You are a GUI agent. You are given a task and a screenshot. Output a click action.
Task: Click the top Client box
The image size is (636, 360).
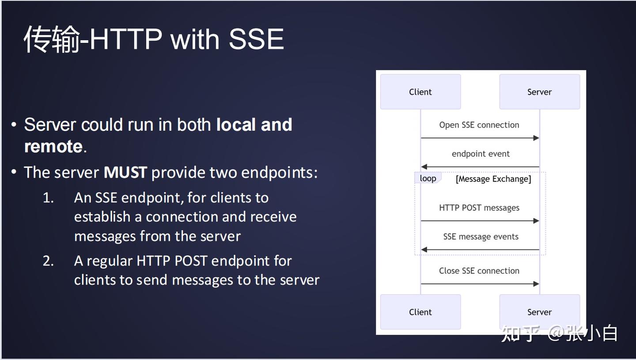[x=420, y=92]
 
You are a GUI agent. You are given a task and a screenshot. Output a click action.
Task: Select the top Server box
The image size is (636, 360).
[x=539, y=92]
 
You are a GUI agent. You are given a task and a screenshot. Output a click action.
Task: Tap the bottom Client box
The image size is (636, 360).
[x=420, y=312]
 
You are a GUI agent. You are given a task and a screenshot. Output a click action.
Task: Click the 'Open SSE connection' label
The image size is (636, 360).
[x=479, y=125]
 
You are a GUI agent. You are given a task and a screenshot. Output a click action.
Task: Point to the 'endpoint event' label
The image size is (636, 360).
[x=481, y=154]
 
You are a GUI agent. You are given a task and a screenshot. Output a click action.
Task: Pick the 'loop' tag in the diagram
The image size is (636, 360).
[x=428, y=178]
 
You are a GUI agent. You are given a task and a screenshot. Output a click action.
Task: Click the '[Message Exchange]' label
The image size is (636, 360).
[x=493, y=179]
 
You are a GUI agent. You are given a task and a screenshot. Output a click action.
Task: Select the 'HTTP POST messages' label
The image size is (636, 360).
[x=479, y=208]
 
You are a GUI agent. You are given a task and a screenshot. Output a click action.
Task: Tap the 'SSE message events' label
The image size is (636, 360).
[x=481, y=236]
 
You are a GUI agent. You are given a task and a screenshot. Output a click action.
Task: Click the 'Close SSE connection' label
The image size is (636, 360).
[x=479, y=271]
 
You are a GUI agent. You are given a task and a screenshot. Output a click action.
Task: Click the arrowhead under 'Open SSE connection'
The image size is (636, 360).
[x=536, y=138]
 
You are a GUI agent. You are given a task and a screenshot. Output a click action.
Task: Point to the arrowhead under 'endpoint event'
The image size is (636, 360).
[x=424, y=167]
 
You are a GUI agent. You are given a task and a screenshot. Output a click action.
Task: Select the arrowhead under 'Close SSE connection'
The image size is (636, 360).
[x=536, y=284]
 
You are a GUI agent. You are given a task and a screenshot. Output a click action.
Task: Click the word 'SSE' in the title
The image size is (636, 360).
[x=256, y=39]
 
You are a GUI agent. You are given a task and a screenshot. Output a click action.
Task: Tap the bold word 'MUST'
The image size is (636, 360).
[x=125, y=172]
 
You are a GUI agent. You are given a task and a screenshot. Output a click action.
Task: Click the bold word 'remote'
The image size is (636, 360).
[x=53, y=147]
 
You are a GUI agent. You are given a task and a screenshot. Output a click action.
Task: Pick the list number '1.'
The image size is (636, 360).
[x=48, y=197]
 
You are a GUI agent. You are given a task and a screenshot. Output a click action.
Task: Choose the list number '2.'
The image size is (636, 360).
[x=48, y=261]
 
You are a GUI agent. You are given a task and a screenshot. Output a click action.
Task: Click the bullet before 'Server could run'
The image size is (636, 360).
[x=14, y=125]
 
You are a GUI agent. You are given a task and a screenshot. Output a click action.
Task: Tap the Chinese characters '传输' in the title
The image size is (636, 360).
[x=52, y=39]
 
